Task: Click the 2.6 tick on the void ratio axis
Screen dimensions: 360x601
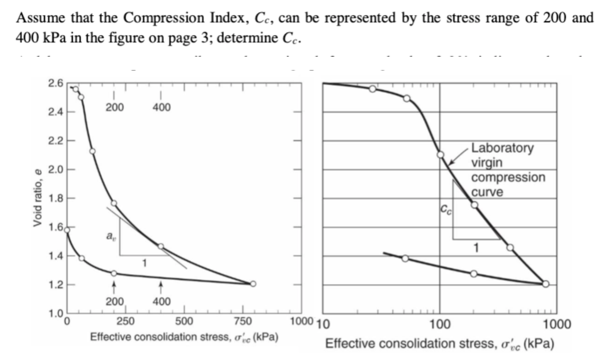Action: tap(56, 83)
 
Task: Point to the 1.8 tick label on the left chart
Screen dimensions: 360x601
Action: tap(56, 198)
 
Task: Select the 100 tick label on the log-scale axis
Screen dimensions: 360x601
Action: tap(440, 324)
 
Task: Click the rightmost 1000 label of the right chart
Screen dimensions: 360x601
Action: tap(557, 324)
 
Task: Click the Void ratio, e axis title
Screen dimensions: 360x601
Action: tap(37, 198)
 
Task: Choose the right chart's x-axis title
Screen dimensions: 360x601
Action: tap(440, 343)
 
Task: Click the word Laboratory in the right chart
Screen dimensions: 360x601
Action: tap(502, 147)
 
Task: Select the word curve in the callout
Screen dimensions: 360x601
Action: tap(487, 192)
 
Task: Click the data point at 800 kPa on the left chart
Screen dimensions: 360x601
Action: tap(253, 284)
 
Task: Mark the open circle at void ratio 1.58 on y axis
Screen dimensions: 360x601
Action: tap(67, 230)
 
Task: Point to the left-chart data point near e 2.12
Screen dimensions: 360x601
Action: tap(92, 151)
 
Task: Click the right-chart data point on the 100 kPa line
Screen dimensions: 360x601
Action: tap(440, 155)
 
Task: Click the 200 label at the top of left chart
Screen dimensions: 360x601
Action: tap(114, 107)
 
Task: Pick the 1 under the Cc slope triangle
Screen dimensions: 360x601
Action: tap(476, 248)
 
